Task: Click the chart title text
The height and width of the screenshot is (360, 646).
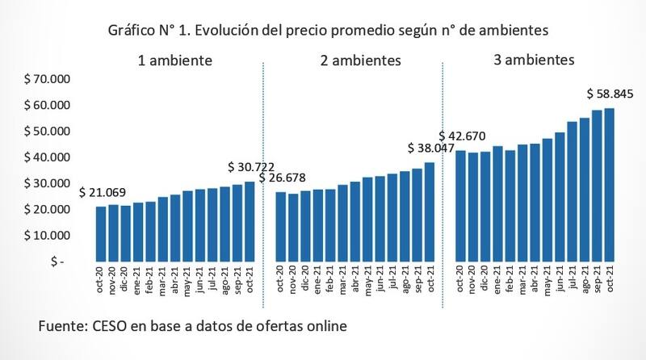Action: pos(324,31)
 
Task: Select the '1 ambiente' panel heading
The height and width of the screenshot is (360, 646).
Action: pos(174,61)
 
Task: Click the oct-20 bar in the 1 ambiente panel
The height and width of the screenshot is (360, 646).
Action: pos(101,234)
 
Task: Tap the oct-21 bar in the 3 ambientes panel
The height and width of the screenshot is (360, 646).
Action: pos(610,185)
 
